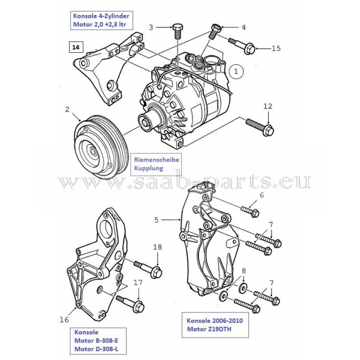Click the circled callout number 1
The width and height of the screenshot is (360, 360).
click(x=236, y=70)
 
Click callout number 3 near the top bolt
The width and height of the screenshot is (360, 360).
click(x=151, y=27)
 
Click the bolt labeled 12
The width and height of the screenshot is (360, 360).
click(x=259, y=127)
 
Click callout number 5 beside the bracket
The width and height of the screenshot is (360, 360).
click(x=157, y=220)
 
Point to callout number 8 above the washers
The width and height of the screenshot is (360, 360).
click(x=244, y=271)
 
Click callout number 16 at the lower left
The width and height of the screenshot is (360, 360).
click(x=65, y=320)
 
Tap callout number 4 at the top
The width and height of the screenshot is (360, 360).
click(x=243, y=27)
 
